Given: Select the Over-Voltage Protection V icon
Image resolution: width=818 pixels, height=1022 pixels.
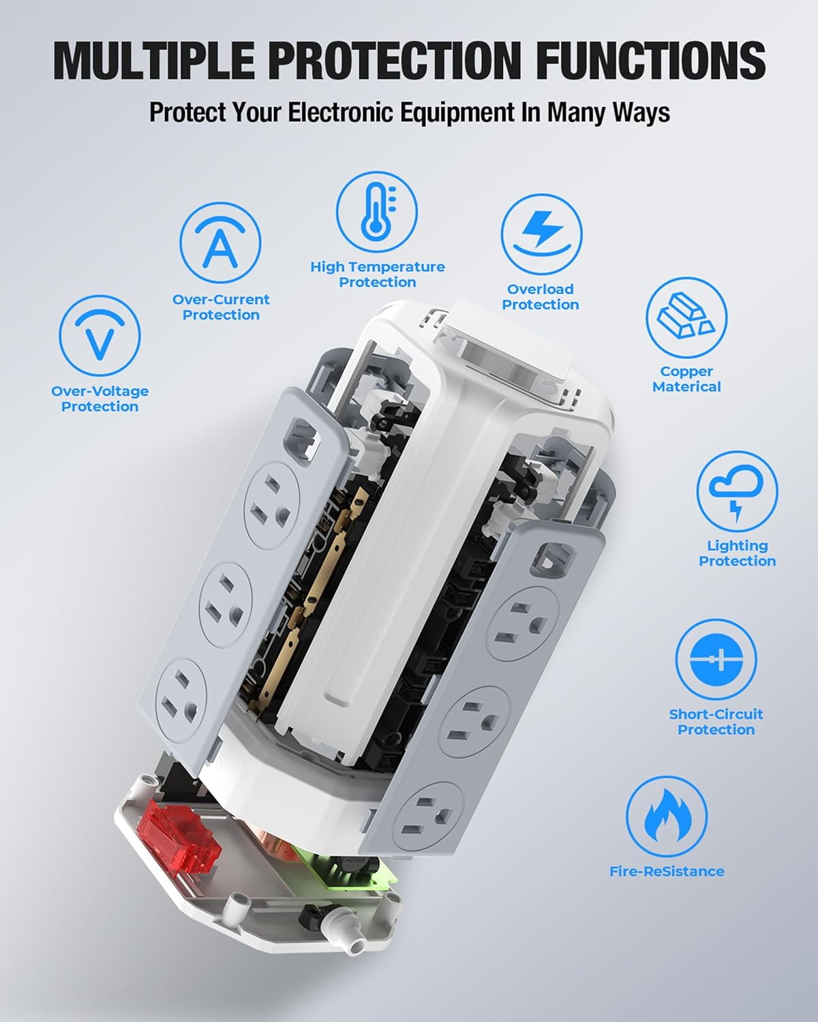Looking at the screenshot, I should (100, 336).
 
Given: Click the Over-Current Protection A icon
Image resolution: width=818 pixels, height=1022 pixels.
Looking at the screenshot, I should (220, 245).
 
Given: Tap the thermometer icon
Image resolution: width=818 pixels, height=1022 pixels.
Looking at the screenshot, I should (377, 212).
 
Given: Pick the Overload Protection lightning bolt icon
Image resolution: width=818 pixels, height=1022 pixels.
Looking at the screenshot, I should (541, 234).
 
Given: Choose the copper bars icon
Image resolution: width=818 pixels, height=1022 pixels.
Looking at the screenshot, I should (686, 318).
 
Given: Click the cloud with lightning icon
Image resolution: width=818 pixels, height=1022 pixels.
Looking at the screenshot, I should (737, 491).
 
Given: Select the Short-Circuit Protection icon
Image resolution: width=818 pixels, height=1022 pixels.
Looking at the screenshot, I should (716, 660).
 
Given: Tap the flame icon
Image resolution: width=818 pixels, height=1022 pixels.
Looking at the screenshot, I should (667, 817).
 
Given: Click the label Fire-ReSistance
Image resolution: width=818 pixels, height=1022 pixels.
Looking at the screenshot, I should (667, 871).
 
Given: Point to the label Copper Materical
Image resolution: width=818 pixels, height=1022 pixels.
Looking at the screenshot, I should (686, 379).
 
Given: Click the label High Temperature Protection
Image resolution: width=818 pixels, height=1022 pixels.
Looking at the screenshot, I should (377, 275).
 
